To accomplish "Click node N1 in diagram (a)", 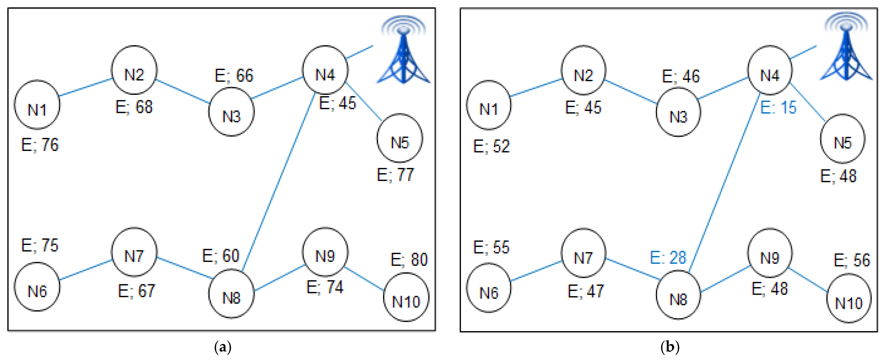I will click(37, 105).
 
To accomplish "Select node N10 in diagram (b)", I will click(849, 298).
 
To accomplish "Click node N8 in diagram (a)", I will click(232, 294).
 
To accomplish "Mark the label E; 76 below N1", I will click(40, 145).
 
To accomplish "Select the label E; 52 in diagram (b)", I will click(491, 146).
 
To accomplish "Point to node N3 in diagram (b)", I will click(678, 112).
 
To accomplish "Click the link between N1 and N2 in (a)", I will click(86, 87).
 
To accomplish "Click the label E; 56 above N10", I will click(852, 260).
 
